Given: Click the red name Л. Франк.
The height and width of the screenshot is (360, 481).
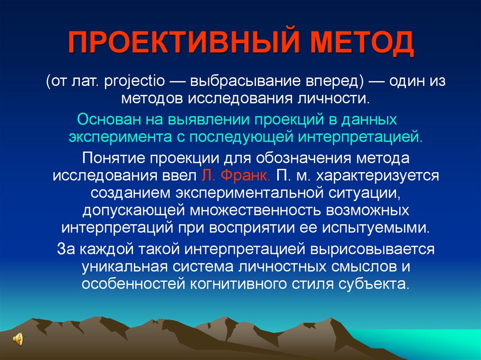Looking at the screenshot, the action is [236, 176].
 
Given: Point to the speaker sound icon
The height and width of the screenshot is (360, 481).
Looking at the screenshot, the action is [17, 339].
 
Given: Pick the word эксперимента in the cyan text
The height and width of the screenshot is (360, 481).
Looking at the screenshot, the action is [120, 138].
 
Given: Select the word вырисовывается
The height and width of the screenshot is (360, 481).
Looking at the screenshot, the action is [372, 249].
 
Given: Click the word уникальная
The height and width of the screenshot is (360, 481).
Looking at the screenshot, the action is [124, 267].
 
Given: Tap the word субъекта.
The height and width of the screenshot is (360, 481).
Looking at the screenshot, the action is [374, 284].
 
